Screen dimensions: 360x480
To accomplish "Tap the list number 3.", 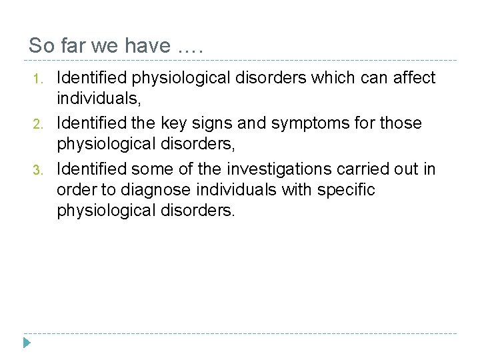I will point(38,169).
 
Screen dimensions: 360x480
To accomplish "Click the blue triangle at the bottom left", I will point(27,344).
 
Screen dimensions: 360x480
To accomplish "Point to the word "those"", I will point(400,123).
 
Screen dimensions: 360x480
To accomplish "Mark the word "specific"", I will point(346,190).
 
